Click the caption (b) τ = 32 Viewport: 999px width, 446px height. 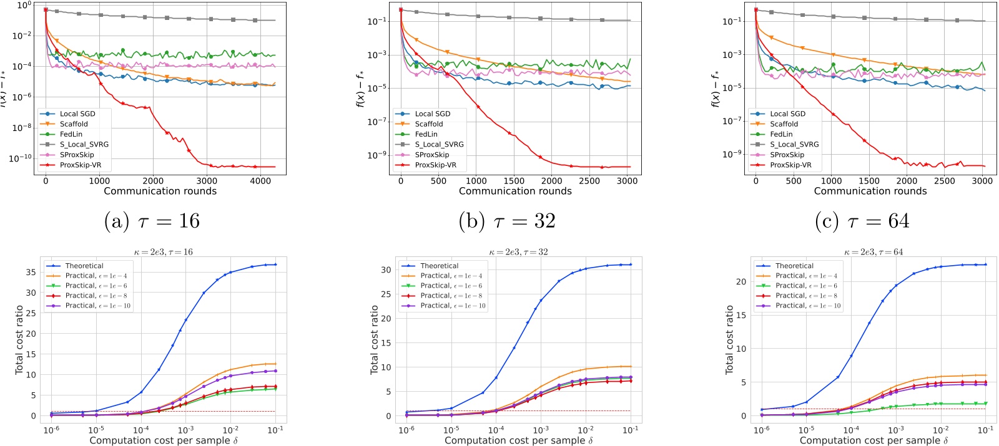click(507, 221)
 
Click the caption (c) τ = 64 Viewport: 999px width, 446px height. click(862, 221)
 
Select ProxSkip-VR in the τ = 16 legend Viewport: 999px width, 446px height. click(81, 165)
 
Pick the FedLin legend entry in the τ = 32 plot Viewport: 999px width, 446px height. click(426, 134)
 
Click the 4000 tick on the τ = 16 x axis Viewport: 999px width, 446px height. click(260, 181)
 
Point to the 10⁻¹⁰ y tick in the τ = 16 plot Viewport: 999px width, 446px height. click(21, 158)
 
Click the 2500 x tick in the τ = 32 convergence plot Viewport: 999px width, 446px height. click(589, 181)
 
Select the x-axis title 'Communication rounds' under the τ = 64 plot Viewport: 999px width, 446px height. click(870, 191)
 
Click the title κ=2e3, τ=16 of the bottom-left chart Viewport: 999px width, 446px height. click(164, 252)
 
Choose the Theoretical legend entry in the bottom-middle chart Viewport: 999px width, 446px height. click(440, 266)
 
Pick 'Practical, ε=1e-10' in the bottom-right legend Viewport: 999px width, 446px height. click(808, 306)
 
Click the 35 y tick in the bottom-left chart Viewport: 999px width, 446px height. click(31, 272)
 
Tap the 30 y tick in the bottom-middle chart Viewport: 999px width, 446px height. click(386, 270)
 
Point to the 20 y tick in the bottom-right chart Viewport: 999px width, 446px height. click(741, 282)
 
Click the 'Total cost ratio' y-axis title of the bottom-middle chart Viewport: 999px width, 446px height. click(375, 340)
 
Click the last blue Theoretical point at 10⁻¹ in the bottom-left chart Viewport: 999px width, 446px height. click(275, 264)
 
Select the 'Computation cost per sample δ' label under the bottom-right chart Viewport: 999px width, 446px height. click(874, 440)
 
